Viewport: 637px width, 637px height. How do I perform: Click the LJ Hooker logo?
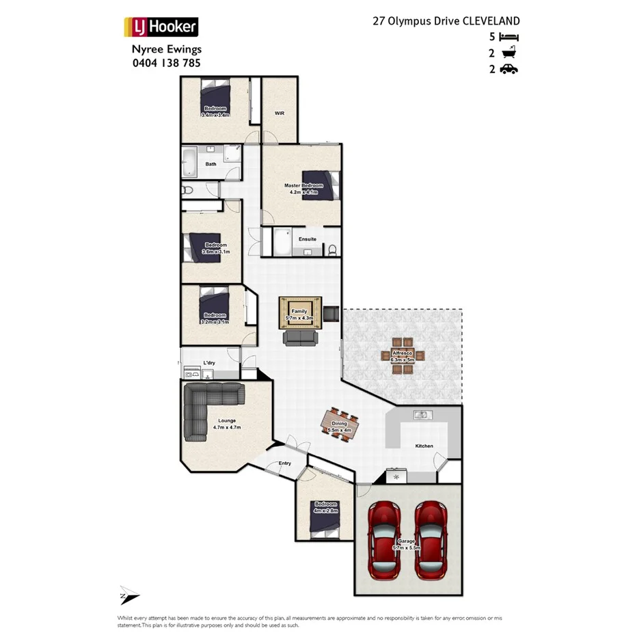pyautogui.click(x=161, y=27)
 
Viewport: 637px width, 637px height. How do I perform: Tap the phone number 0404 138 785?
pyautogui.click(x=166, y=63)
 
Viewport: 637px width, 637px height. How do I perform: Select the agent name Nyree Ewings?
pyautogui.click(x=166, y=49)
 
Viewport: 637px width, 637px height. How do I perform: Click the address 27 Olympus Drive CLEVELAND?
pyautogui.click(x=446, y=21)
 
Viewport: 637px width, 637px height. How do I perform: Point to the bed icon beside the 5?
pyautogui.click(x=509, y=37)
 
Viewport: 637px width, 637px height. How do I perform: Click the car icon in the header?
pyautogui.click(x=509, y=68)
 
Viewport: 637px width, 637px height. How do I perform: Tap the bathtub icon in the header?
pyautogui.click(x=509, y=53)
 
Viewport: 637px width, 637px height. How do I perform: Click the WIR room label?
pyautogui.click(x=280, y=113)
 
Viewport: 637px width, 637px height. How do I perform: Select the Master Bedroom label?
pyautogui.click(x=304, y=185)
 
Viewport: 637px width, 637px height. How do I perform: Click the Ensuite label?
pyautogui.click(x=307, y=239)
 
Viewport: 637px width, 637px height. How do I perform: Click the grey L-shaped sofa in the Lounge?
pyautogui.click(x=205, y=407)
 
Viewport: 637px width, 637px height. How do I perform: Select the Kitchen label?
pyautogui.click(x=424, y=446)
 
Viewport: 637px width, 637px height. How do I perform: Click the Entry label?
pyautogui.click(x=284, y=463)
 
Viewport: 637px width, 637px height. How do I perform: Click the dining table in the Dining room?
pyautogui.click(x=340, y=426)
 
